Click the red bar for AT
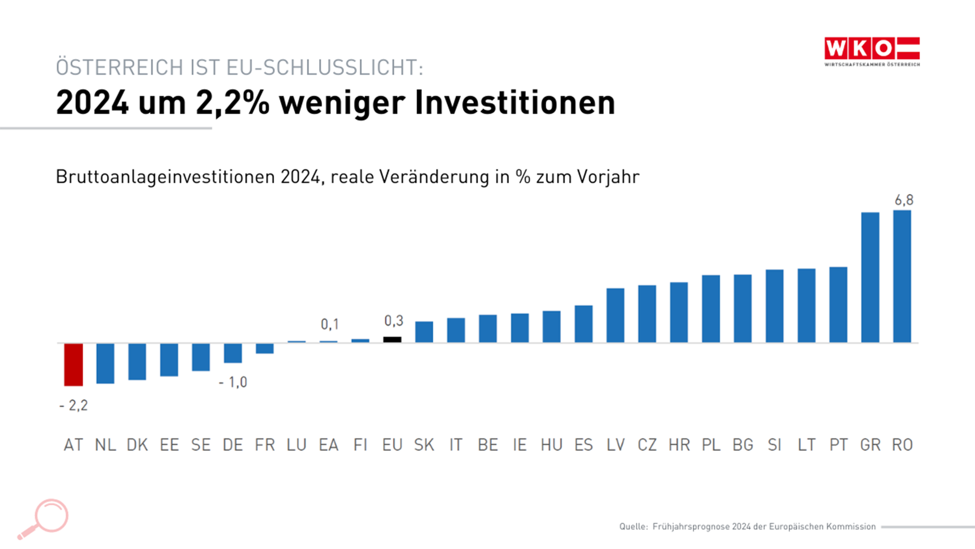point(73,364)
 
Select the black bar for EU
point(392,339)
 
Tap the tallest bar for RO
point(902,277)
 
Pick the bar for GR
point(870,277)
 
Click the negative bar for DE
point(233,353)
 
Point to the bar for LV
point(615,315)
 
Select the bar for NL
point(105,363)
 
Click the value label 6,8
point(904,200)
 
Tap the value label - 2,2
point(73,405)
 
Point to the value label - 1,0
point(233,382)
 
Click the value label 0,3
point(394,321)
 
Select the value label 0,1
point(330,324)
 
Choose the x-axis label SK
point(424,445)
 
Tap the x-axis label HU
point(551,445)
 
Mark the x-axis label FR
point(264,445)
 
